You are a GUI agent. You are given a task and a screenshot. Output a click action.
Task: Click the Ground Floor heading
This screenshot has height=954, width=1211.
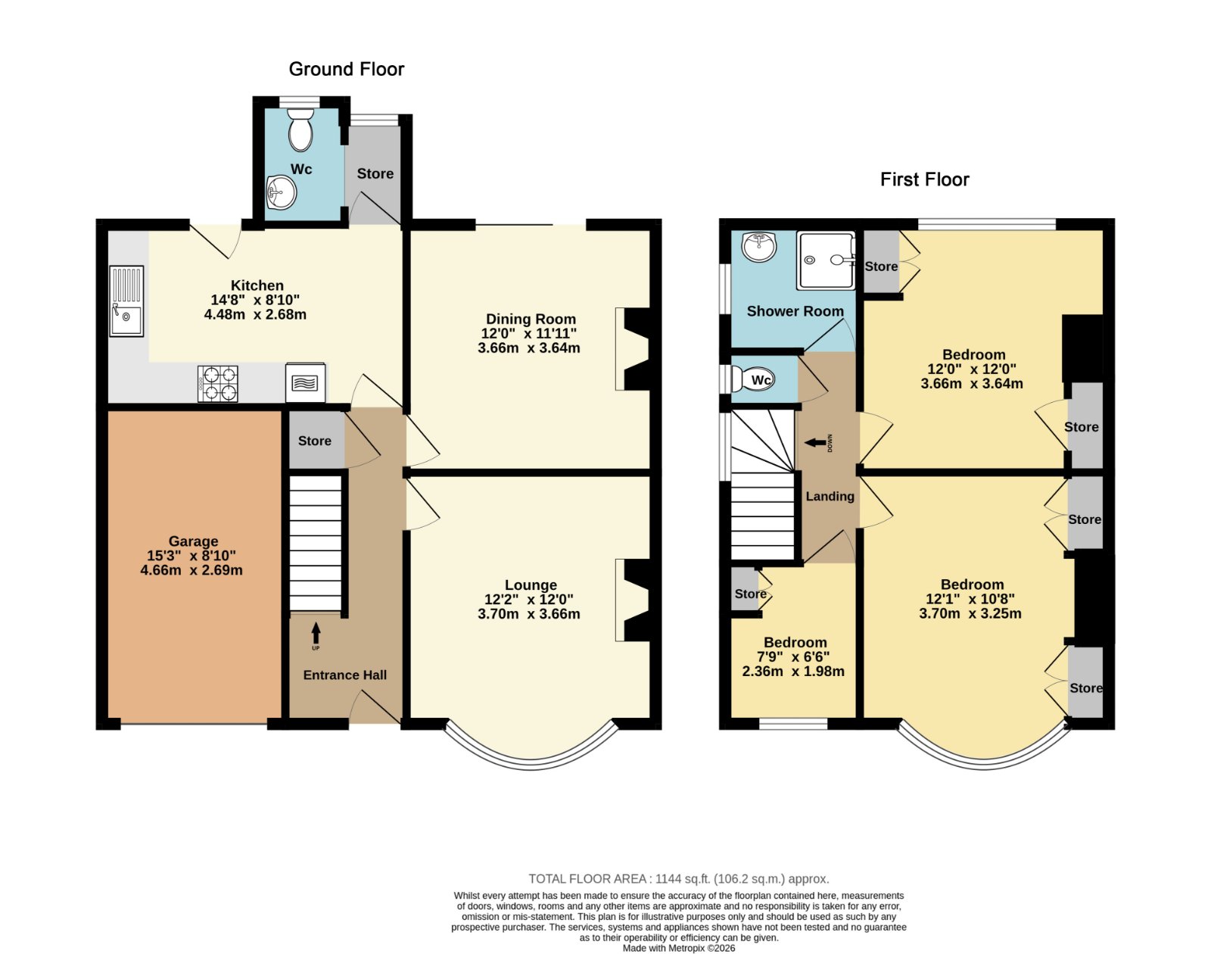point(346,69)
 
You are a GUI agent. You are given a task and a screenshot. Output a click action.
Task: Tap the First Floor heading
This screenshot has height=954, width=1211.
point(925,179)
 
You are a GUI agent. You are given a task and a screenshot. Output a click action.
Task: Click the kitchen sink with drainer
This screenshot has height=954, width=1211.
point(126,301)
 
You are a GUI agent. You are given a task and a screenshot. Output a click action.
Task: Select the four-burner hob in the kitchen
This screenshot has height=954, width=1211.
point(218,384)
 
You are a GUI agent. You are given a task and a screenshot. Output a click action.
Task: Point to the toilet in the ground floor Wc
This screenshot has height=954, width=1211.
point(300,129)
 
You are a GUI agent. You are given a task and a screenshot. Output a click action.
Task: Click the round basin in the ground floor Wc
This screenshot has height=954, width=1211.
point(281,192)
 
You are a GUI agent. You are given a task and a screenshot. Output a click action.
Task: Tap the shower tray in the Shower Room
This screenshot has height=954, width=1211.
point(826,260)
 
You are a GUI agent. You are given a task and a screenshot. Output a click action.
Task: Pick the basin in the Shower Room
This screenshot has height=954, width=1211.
point(759,246)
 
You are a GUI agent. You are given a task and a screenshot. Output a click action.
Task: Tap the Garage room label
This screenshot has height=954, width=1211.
point(193,541)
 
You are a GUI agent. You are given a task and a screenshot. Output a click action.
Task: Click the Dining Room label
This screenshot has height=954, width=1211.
point(531,320)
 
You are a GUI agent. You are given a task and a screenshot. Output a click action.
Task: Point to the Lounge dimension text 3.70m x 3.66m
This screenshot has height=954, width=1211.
point(529,614)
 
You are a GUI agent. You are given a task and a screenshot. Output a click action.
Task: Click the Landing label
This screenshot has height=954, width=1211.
point(830,496)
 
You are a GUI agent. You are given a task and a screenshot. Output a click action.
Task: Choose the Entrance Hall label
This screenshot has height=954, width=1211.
point(345,675)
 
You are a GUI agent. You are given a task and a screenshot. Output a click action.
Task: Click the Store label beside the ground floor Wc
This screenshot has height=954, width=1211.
point(375,173)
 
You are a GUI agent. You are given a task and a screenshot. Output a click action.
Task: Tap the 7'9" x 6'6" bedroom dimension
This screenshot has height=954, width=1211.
point(793,656)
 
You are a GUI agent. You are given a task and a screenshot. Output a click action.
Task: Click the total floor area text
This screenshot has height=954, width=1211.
point(679,878)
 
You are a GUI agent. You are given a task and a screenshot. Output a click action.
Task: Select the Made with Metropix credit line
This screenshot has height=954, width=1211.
point(679,948)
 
